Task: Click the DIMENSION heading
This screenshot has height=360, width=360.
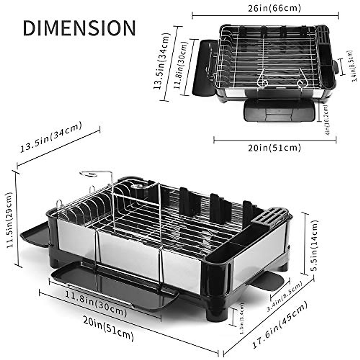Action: point(79,28)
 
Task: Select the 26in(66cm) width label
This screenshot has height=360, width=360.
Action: point(274,8)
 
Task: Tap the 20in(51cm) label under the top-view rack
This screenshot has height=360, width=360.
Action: point(274,148)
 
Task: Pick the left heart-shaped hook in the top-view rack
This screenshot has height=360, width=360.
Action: point(262,79)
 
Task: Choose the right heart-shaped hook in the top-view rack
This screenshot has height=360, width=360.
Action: point(301,79)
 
